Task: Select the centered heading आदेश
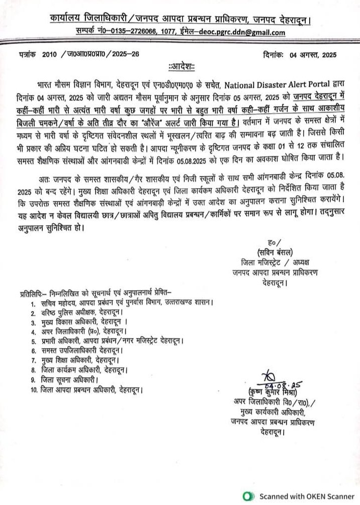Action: (x=180, y=66)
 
